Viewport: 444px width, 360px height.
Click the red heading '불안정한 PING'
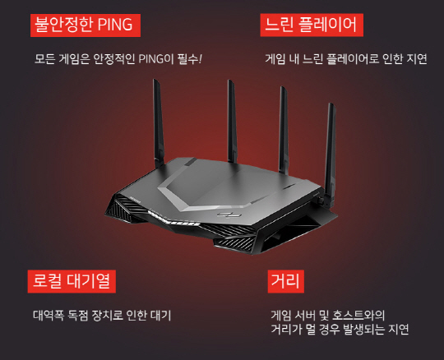point(86,25)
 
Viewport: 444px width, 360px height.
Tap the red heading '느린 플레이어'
point(312,25)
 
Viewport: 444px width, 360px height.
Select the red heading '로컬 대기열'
point(72,281)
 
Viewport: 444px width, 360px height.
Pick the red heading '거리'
point(285,281)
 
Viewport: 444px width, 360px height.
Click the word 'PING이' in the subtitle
point(156,59)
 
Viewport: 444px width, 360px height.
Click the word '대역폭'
point(49,316)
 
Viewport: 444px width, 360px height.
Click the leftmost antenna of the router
point(159,123)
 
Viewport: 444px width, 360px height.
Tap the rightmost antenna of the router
point(330,153)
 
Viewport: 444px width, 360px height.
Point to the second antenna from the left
point(232,121)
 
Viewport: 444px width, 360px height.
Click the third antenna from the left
point(284,130)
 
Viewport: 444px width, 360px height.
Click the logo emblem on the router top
point(229,215)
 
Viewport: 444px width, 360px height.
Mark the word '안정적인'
point(113,59)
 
